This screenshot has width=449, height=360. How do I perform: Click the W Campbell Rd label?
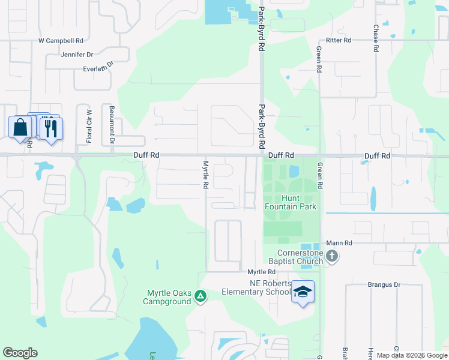point(61,41)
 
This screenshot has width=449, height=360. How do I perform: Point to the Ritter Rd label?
point(338,40)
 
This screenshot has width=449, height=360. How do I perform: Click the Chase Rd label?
point(376,38)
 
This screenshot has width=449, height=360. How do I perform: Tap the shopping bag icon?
point(20,127)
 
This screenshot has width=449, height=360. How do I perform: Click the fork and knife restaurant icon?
point(51,128)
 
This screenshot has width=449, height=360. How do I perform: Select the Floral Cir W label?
point(89,126)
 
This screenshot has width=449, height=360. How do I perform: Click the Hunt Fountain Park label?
point(291,202)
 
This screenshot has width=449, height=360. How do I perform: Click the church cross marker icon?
point(332,257)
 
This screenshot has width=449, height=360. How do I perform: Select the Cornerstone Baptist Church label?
point(300,257)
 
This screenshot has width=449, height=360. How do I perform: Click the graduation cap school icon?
point(303,292)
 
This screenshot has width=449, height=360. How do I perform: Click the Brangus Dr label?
point(384,284)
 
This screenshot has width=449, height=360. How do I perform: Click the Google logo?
point(20,353)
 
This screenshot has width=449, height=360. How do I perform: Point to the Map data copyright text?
point(411,355)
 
